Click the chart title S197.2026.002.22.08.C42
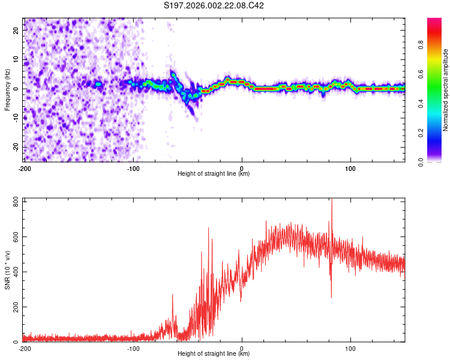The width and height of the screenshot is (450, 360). coord(214,6)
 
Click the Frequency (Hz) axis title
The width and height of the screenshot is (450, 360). coord(7,89)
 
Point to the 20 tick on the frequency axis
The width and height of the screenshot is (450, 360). coord(17,31)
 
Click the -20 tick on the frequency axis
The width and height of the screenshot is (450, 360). coord(16,147)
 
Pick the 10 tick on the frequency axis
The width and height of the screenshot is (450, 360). coord(17,60)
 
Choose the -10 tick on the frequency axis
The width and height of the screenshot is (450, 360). coord(16,118)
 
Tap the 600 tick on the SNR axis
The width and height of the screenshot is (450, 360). coord(16,236)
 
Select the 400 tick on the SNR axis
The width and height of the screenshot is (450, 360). coord(16,272)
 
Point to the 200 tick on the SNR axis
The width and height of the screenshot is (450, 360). coord(16,307)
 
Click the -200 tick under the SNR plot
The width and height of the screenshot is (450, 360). coord(25,348)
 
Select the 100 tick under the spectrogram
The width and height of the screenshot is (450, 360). coord(350,168)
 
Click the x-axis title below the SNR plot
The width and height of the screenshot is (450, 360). coord(214,355)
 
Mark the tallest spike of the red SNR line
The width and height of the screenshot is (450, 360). coord(332,200)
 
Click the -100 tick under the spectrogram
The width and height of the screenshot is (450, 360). coord(133,168)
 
